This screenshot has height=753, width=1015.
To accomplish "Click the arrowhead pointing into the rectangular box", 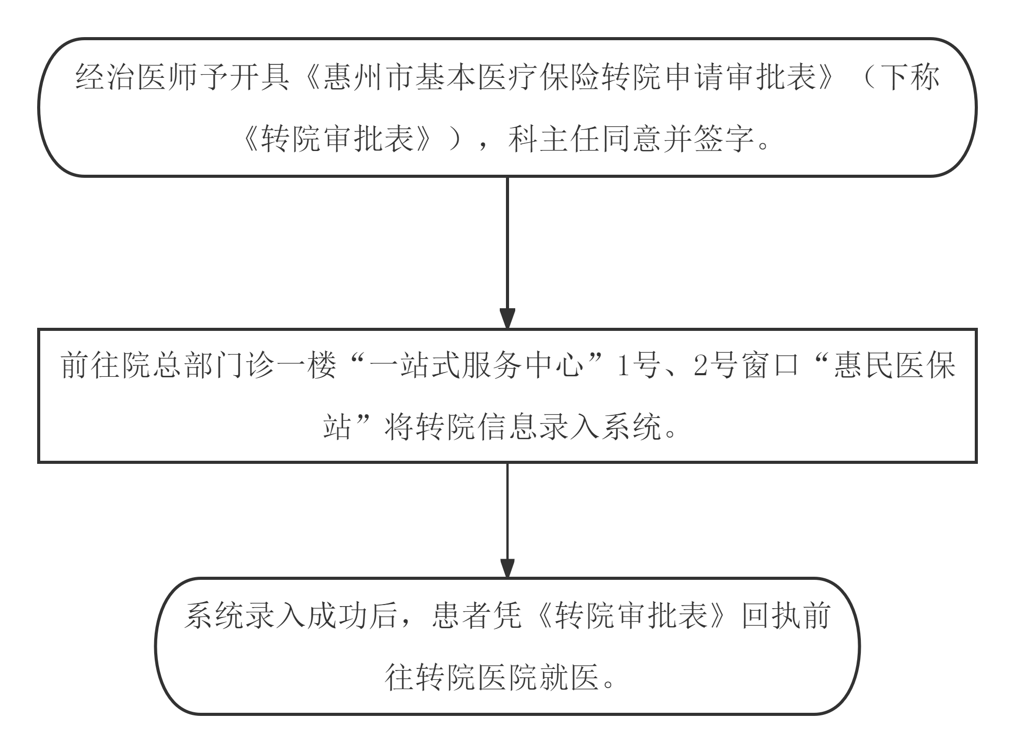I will [507, 318].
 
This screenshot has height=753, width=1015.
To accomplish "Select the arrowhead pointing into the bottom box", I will [507, 567].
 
